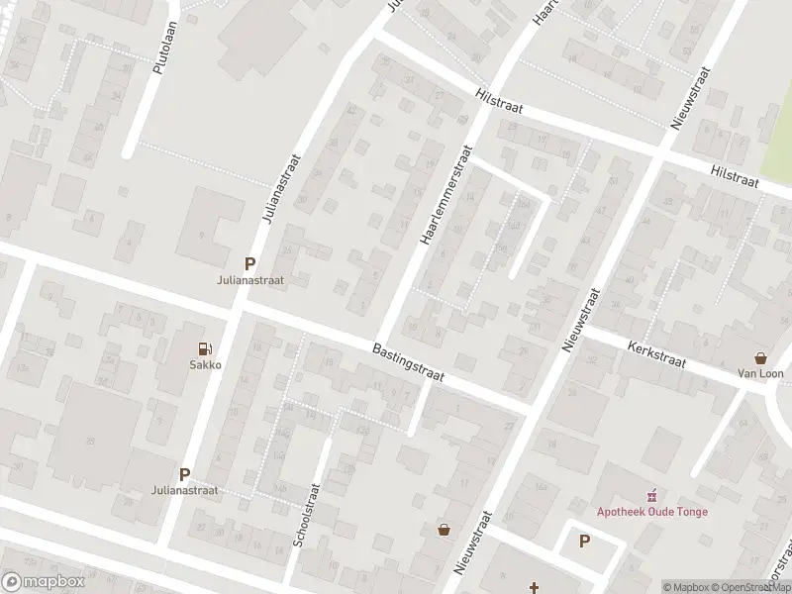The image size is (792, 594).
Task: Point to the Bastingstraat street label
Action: point(409,363)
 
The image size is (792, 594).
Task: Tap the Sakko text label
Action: point(205,364)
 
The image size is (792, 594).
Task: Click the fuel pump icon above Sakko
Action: point(205,347)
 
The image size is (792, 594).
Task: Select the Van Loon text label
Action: point(760,373)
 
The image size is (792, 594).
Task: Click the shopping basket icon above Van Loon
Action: point(760,357)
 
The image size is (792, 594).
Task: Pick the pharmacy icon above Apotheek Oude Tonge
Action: point(651,494)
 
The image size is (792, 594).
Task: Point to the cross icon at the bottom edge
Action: point(534,586)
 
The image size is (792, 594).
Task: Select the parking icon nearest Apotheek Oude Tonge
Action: point(584,542)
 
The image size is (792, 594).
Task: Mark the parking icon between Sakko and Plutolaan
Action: point(250,264)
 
